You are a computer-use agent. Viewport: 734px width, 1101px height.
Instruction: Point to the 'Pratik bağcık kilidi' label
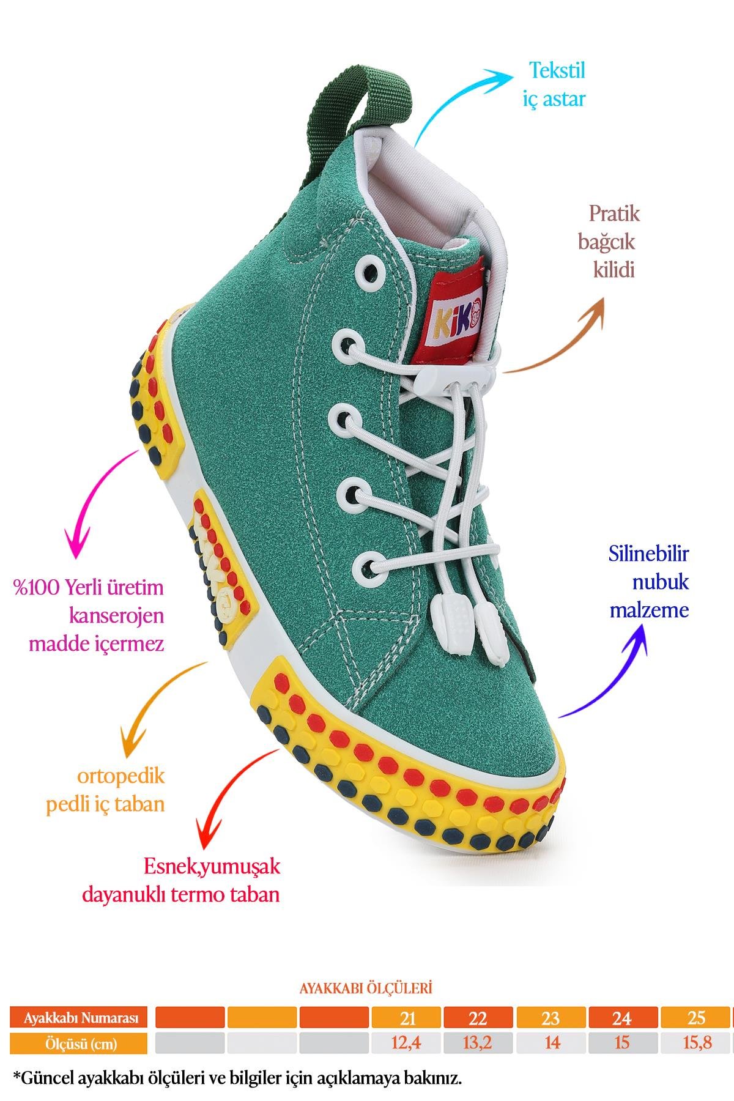click(x=609, y=242)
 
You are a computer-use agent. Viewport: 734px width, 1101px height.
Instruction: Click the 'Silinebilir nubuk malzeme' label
click(x=648, y=582)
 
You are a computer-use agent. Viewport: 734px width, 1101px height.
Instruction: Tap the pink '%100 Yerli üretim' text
click(x=89, y=588)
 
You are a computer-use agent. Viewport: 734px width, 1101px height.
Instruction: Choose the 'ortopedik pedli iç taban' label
click(x=106, y=790)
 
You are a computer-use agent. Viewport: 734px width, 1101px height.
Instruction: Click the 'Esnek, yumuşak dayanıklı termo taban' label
click(x=181, y=880)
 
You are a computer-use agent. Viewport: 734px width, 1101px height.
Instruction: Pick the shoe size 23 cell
click(x=550, y=1018)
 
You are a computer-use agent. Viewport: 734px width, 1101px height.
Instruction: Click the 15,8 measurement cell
click(x=696, y=1042)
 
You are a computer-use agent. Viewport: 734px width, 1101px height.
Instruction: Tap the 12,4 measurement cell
click(x=407, y=1042)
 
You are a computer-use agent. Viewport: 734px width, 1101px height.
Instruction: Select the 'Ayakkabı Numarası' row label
click(x=78, y=1018)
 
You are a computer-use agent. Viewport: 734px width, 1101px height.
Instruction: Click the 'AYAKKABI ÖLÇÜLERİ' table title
click(x=366, y=988)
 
